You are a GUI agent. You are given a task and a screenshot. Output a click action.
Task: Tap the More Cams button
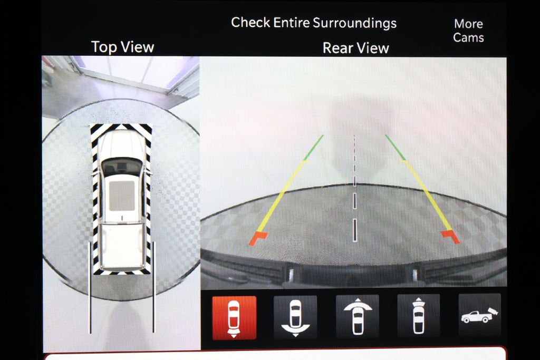(x=468, y=30)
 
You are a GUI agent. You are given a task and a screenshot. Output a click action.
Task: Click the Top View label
(x=122, y=47)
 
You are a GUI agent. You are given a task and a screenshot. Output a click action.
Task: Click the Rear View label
(x=356, y=48)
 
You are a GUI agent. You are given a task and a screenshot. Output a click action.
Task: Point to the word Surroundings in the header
(x=355, y=23)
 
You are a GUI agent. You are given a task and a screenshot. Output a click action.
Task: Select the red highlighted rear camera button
(x=234, y=318)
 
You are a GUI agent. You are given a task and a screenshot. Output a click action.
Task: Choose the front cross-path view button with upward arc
(x=358, y=316)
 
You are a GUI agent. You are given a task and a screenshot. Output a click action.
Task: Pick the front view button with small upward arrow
(x=418, y=316)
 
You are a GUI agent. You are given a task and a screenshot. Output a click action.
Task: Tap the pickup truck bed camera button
(x=480, y=315)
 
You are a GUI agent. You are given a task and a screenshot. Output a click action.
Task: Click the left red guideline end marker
(x=258, y=238)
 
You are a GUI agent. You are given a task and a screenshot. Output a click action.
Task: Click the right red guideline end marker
(x=450, y=237)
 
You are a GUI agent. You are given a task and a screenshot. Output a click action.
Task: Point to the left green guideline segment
(x=313, y=148)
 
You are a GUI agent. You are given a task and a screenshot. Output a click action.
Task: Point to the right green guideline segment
(x=395, y=147)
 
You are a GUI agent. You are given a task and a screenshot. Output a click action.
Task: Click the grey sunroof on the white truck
(x=122, y=196)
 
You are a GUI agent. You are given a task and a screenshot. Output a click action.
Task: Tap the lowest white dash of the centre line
(x=355, y=230)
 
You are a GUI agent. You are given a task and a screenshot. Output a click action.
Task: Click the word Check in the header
(x=250, y=22)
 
